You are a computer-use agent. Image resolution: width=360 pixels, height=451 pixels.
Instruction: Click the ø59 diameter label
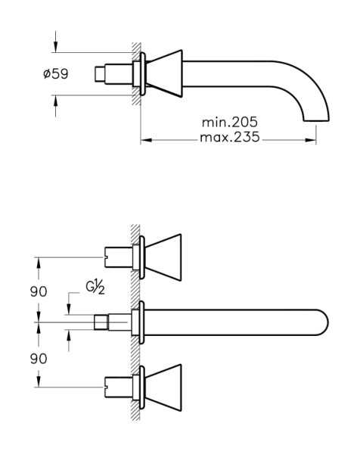56,74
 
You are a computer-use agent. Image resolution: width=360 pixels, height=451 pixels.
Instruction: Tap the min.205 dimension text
230,123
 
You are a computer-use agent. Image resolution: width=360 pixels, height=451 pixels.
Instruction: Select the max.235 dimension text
230,137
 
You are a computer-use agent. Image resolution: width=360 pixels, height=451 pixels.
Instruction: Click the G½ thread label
95,288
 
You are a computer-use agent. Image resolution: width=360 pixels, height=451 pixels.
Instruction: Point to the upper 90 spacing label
39,291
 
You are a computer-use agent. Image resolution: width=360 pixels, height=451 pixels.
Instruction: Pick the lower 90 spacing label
39,359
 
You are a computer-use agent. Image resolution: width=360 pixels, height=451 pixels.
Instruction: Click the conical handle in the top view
164,73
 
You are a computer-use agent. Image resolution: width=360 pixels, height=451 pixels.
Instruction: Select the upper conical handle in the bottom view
163,257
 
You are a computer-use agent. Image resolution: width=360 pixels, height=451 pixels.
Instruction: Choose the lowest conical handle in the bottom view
163,387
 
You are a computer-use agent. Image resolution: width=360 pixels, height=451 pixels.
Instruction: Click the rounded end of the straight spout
323,322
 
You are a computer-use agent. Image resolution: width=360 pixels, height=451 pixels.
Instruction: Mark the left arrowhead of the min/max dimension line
146,140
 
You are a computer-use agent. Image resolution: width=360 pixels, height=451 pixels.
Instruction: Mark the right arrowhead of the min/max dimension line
311,140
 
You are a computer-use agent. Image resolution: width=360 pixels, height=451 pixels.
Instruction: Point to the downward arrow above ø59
55,42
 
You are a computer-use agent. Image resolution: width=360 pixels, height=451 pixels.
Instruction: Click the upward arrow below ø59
55,106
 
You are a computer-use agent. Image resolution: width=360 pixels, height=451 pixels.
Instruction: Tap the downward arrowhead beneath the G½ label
68,309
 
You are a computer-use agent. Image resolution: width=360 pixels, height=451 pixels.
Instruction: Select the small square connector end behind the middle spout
101,322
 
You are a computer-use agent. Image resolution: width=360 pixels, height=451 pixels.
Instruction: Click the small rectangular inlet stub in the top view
100,74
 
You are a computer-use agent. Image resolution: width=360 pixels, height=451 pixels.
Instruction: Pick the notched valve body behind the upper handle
118,257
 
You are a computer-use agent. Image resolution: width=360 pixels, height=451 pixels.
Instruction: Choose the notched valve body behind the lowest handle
118,387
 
